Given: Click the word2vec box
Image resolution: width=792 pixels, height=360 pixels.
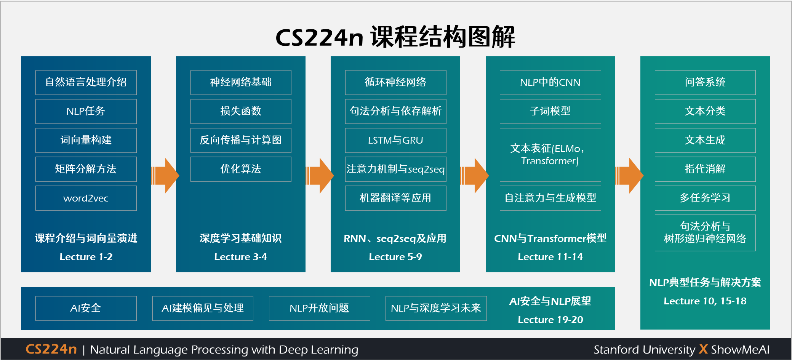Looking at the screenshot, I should point(86,198).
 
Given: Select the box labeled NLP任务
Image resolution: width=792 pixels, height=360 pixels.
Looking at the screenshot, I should point(86,111).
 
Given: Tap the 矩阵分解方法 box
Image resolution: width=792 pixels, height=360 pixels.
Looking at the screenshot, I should point(86,169).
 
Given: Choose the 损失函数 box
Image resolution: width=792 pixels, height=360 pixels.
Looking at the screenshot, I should point(241,111).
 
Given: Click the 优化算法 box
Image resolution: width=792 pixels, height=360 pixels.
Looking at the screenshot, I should point(241,169).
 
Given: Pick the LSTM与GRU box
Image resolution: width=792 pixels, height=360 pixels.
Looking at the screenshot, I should point(395,140).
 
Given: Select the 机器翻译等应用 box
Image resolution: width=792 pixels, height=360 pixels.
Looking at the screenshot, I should point(395,198).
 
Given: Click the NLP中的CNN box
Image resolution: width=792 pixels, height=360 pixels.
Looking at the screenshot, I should point(550,82).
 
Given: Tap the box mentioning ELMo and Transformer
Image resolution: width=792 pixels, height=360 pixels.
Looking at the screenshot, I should point(550,155).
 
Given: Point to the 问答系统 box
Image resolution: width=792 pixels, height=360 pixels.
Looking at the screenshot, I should point(705,82).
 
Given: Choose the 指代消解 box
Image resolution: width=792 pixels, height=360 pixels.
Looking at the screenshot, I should point(705,169).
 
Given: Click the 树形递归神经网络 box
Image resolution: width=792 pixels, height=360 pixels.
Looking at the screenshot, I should point(705,232).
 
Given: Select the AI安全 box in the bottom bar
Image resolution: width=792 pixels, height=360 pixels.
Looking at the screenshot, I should point(86,308).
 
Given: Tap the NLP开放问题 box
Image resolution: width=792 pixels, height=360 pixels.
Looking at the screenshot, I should point(319,308).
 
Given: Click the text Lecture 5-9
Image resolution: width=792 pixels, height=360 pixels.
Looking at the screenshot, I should point(395,257).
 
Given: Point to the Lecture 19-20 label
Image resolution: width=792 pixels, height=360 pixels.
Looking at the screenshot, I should point(550,320).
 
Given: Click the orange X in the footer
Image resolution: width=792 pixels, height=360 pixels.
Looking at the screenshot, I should point(703,349).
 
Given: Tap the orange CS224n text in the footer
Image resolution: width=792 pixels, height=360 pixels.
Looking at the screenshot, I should point(51,349).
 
